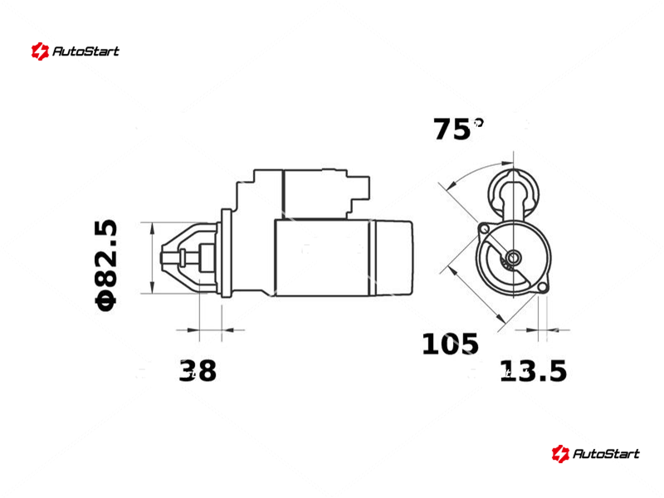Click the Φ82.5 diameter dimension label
click(x=105, y=266)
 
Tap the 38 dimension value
click(x=198, y=370)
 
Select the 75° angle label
click(x=457, y=129)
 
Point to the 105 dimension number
click(x=450, y=344)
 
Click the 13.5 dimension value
click(x=533, y=371)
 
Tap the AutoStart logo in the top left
click(x=76, y=51)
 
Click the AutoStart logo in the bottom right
click(x=595, y=453)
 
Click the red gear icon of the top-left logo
click(x=40, y=51)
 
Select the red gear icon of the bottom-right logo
click(x=560, y=453)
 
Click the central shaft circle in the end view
click(x=514, y=256)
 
